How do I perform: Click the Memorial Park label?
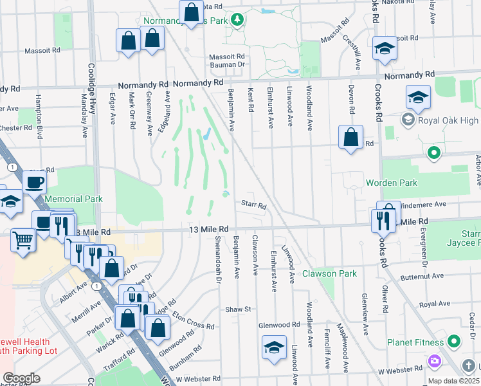pyautogui.click(x=73, y=199)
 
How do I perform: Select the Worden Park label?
pyautogui.click(x=392, y=183)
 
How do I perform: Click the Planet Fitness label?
pyautogui.click(x=416, y=342)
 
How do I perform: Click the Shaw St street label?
pyautogui.click(x=238, y=309)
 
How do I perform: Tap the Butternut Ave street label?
pyautogui.click(x=422, y=276)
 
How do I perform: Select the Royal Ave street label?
pyautogui.click(x=434, y=304)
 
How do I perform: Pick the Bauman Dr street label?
pyautogui.click(x=228, y=64)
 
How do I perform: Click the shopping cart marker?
pyautogui.click(x=23, y=241)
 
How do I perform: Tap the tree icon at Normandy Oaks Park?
pyautogui.click(x=237, y=20)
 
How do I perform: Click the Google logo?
pyautogui.click(x=21, y=378)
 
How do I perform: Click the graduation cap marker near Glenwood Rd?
pyautogui.click(x=274, y=348)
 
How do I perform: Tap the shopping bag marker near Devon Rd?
pyautogui.click(x=350, y=137)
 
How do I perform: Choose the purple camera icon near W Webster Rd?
pyautogui.click(x=435, y=361)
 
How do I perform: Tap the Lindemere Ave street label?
pyautogui.click(x=424, y=204)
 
